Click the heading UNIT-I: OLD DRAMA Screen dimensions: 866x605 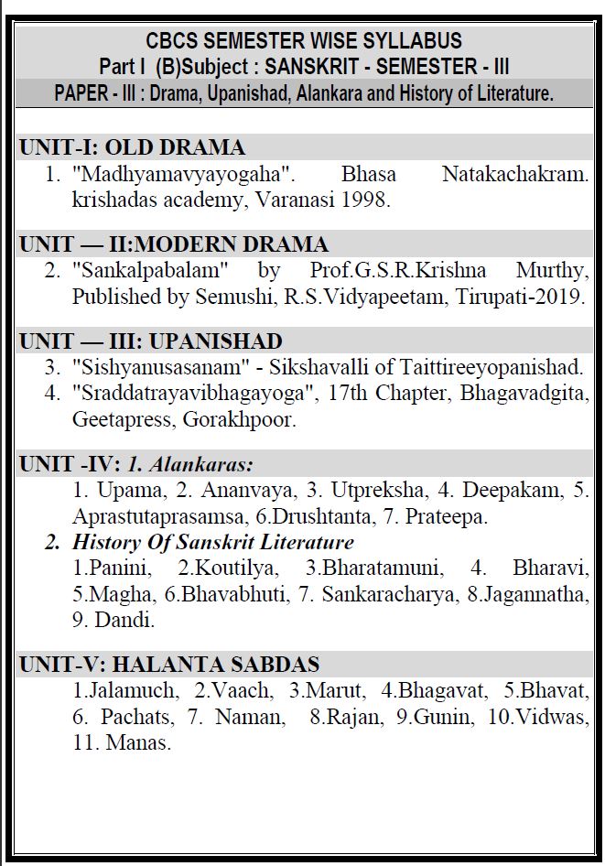point(132,147)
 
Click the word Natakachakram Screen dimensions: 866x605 point(514,174)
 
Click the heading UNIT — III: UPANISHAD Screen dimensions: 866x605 point(151,341)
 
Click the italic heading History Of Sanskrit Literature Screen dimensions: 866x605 point(212,542)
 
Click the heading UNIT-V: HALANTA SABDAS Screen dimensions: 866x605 point(169,665)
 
